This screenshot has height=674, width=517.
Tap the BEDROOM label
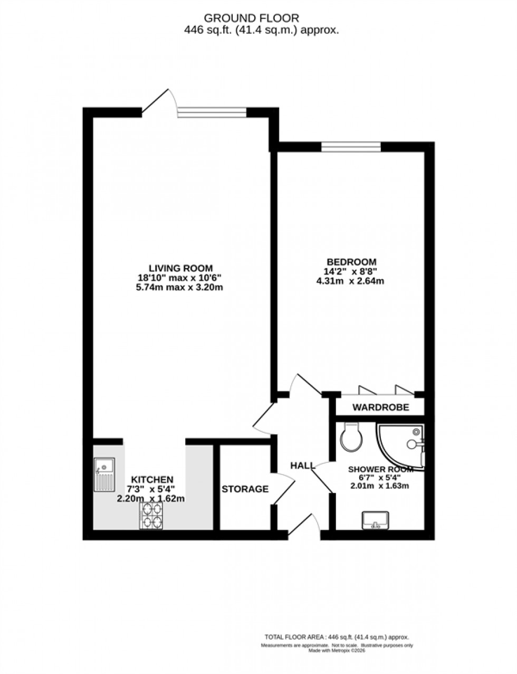click(x=351, y=262)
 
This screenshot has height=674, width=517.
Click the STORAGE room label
click(x=245, y=489)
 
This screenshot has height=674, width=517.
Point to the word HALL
click(x=302, y=466)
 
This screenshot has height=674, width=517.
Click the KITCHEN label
click(x=152, y=479)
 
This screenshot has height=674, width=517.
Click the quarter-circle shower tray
click(x=404, y=444)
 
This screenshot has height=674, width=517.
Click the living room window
click(x=212, y=111)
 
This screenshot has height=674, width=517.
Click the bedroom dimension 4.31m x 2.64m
click(x=351, y=281)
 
